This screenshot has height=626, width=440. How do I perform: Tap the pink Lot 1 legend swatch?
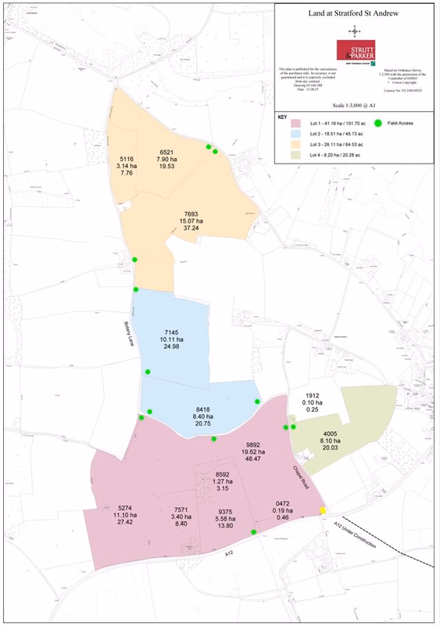[x=296, y=124]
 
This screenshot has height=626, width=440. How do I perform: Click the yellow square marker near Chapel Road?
[x=322, y=511]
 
